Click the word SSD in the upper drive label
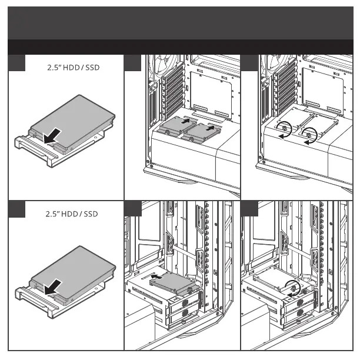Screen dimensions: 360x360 tap(92, 68)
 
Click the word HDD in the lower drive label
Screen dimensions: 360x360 tap(72, 214)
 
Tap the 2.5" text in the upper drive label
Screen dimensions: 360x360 tap(54, 68)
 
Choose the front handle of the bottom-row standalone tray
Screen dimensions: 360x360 tap(29, 295)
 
